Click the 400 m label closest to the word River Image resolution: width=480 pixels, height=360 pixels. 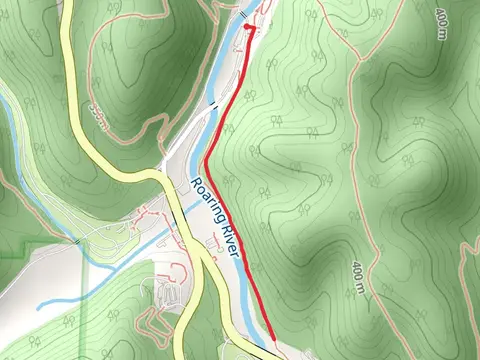(x=358, y=278)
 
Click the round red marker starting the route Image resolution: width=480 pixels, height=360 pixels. (x=248, y=30)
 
